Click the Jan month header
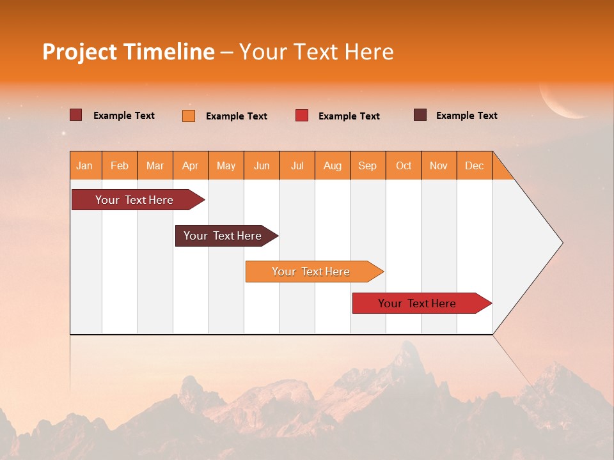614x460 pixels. pos(85,165)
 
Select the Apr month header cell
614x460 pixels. pos(191,165)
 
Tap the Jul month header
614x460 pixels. pos(297,165)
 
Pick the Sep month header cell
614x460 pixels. pos(368,165)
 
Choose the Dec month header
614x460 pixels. pos(474,165)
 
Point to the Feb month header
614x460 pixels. pos(120,165)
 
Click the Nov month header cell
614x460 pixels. pos(439,165)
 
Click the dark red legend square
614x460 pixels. pos(75,115)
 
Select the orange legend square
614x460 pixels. pos(189,116)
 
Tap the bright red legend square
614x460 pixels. pos(302,116)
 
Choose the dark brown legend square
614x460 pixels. pos(420,115)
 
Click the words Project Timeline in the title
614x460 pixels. pos(129,52)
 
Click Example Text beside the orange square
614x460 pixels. pos(236,116)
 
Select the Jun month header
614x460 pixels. pos(262,165)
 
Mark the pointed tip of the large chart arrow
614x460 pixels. pos(562,243)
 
